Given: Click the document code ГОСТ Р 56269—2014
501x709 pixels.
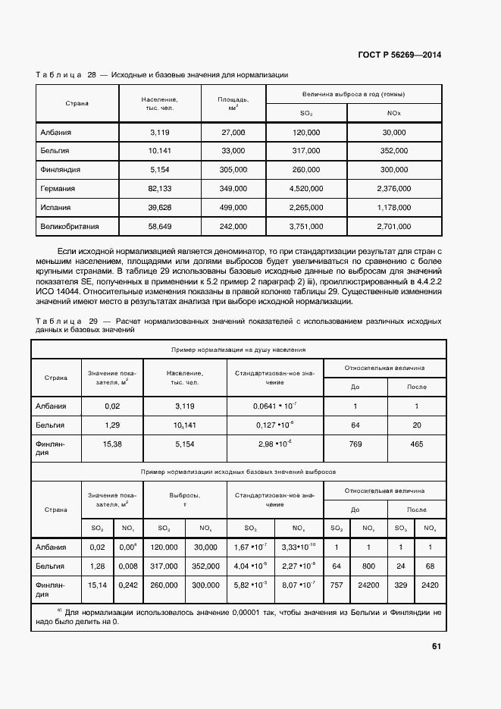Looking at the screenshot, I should (399, 55).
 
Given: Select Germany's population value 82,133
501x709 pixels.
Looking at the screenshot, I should (161, 188).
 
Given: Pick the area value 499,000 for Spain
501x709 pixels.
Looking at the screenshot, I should (233, 207).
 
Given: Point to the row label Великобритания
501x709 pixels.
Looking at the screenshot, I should (70, 226).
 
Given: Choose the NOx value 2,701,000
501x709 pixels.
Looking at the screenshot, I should (393, 226).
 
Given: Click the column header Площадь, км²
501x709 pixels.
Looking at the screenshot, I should (233, 103).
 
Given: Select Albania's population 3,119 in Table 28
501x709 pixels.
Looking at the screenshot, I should (161, 132).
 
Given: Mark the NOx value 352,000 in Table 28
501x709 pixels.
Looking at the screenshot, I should (393, 151).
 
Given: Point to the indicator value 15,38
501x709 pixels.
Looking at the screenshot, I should (111, 444).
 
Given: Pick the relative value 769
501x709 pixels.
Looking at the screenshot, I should (355, 444).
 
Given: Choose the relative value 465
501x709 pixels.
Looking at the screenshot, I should (416, 444).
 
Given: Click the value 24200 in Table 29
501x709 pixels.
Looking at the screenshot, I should (368, 585).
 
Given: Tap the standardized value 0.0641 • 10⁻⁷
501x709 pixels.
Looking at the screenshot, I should (274, 406).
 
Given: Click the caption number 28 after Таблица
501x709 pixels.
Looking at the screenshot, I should (92, 75).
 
